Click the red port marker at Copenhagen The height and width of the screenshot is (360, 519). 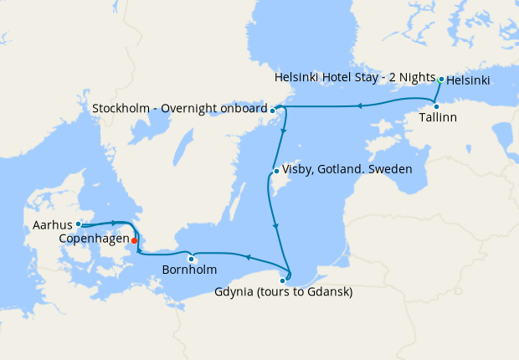135,240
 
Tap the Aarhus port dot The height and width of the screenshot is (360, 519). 78,224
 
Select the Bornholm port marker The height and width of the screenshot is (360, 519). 192,257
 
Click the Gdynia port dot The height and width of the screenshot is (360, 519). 282,280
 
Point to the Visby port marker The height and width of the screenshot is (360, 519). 275,172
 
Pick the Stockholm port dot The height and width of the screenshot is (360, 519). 273,110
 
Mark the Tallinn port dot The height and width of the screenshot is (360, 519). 436,106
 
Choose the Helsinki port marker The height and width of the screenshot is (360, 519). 441,80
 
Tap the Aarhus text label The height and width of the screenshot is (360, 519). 53,224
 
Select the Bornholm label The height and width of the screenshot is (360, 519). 190,270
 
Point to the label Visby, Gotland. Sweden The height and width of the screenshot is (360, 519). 347,169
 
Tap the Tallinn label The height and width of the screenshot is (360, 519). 438,118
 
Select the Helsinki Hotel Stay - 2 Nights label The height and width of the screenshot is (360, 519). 355,78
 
